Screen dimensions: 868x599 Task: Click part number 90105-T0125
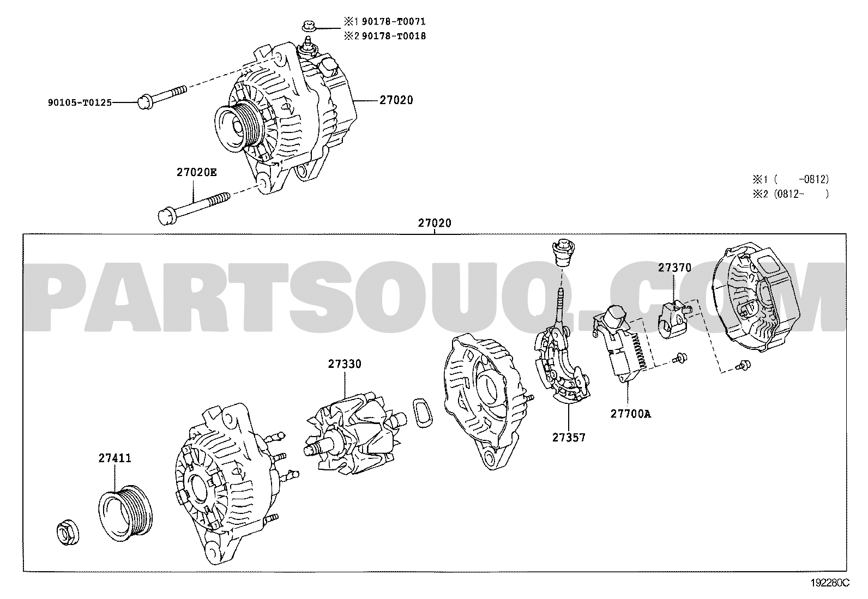(80, 102)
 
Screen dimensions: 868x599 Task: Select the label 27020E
(197, 172)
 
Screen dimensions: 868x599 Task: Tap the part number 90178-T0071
(394, 21)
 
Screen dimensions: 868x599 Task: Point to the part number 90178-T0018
(394, 36)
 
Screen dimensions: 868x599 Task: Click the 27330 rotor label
(345, 364)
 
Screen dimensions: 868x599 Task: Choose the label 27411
(114, 458)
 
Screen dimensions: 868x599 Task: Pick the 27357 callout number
(569, 438)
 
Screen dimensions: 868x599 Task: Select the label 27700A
(631, 414)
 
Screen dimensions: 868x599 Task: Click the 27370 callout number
(674, 268)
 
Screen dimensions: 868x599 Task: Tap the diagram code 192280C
(830, 583)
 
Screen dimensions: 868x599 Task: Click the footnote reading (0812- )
(801, 194)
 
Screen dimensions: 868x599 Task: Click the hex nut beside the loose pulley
(68, 534)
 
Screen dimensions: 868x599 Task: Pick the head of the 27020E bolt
(166, 216)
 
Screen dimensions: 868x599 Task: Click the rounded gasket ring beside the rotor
(423, 413)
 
